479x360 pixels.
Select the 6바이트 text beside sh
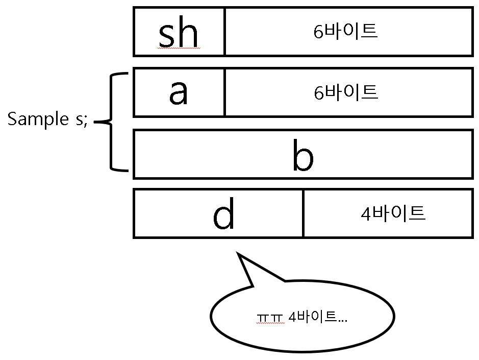tap(345, 32)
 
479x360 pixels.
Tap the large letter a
tap(179, 93)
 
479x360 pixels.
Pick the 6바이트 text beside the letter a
tap(345, 92)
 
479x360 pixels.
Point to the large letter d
tap(223, 213)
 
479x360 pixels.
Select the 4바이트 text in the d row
tap(393, 213)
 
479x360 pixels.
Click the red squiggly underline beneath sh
tap(178, 49)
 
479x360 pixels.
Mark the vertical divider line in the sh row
tap(224, 32)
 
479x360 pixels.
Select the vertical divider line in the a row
tap(224, 92)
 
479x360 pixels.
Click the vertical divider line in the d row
tap(304, 213)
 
